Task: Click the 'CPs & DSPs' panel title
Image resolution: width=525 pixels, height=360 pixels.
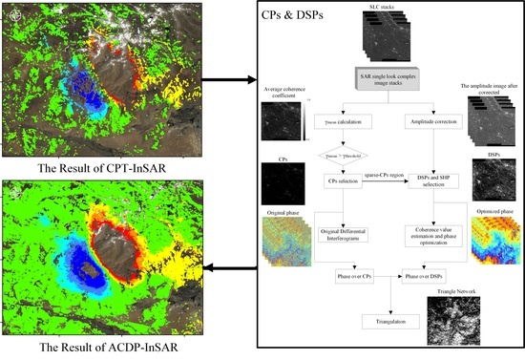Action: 294,17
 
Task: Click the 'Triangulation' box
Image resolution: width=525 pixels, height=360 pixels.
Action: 388,323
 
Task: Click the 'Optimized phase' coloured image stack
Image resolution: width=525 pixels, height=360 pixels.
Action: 493,234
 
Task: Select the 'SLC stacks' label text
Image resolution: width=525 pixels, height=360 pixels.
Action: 387,10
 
